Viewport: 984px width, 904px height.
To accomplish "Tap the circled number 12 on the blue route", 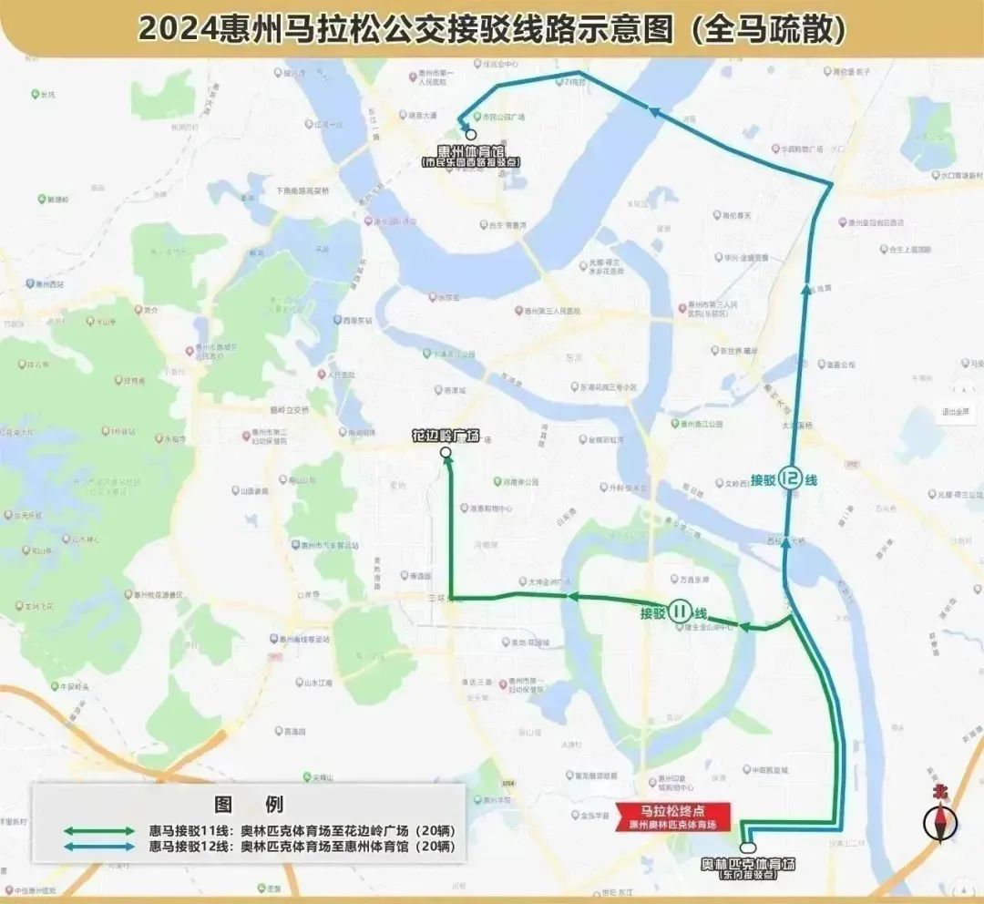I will pyautogui.click(x=790, y=478).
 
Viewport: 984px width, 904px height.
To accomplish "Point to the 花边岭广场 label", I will pyautogui.click(x=446, y=436).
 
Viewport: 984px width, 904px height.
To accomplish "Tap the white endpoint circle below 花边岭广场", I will pyautogui.click(x=446, y=453).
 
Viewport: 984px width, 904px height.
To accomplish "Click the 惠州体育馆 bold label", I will pyautogui.click(x=471, y=151).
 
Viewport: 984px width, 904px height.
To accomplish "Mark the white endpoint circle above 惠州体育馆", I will pyautogui.click(x=471, y=134).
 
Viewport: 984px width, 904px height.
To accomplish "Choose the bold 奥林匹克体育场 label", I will pyautogui.click(x=748, y=863).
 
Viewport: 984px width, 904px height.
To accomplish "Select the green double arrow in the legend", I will pyautogui.click(x=99, y=831).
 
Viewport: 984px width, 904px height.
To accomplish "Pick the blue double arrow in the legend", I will pyautogui.click(x=99, y=847).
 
